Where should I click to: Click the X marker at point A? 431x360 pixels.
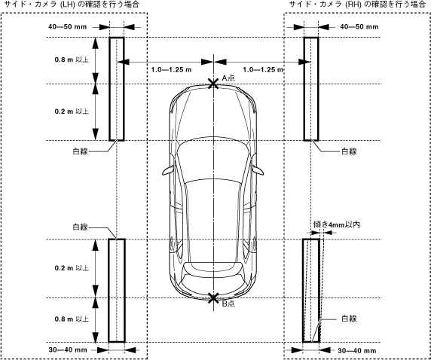coord(213,84)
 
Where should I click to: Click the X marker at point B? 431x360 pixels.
coord(213,298)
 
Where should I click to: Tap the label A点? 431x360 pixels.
coord(228,78)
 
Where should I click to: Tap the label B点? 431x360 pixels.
coord(228,304)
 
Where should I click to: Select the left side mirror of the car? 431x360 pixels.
coord(168,170)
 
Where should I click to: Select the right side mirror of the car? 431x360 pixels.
coord(258,170)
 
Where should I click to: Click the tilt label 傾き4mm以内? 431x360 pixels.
coord(337,224)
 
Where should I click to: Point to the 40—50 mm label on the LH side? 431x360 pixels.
coord(67,27)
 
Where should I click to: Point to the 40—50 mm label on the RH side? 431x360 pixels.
coord(359,27)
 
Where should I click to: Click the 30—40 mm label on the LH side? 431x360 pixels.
coord(68,349)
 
